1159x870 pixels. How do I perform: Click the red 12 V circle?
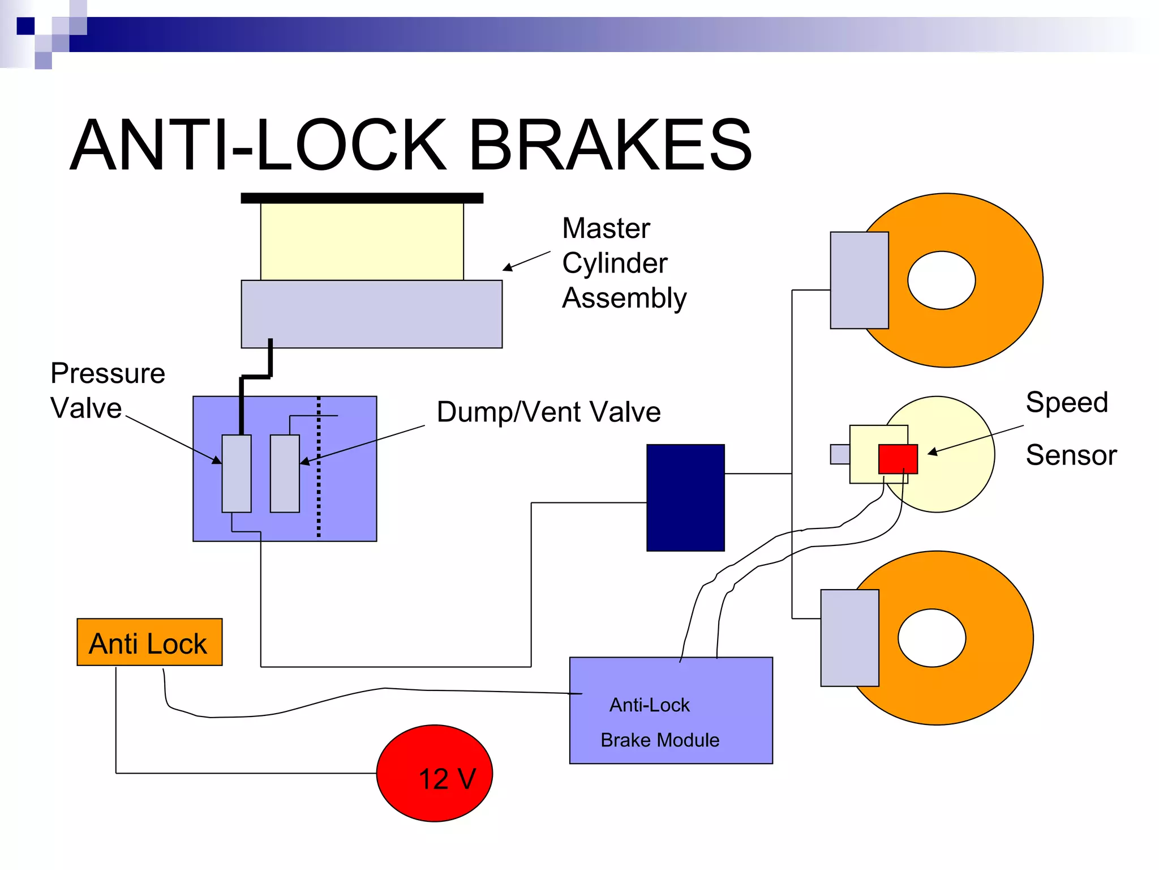click(x=435, y=773)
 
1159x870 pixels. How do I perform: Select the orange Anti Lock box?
click(x=149, y=642)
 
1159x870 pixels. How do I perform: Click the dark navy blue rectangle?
click(x=685, y=497)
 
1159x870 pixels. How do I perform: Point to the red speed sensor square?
click(x=898, y=458)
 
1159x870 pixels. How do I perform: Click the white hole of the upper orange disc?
click(x=941, y=280)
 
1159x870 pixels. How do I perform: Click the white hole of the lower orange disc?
click(x=932, y=638)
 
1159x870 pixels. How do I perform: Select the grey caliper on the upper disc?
click(x=859, y=280)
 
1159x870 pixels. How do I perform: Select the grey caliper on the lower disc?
click(x=849, y=638)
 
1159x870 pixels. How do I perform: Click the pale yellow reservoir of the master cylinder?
click(x=362, y=241)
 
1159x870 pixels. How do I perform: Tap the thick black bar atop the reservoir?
click(x=362, y=198)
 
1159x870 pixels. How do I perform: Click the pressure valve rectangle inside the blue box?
click(x=237, y=474)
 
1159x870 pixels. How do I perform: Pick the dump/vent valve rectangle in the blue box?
click(x=285, y=474)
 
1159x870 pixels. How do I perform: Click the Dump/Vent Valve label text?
click(x=548, y=412)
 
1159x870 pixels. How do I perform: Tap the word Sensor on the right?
click(x=1071, y=455)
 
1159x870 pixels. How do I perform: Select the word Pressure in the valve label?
click(x=108, y=374)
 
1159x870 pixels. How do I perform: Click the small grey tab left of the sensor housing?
click(x=840, y=454)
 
